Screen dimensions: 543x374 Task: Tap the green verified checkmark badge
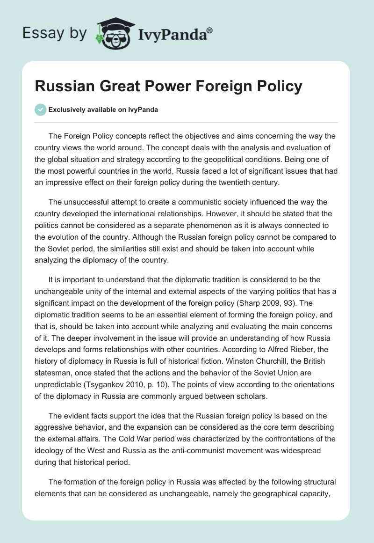(40, 110)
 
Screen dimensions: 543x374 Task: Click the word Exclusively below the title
(66, 110)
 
